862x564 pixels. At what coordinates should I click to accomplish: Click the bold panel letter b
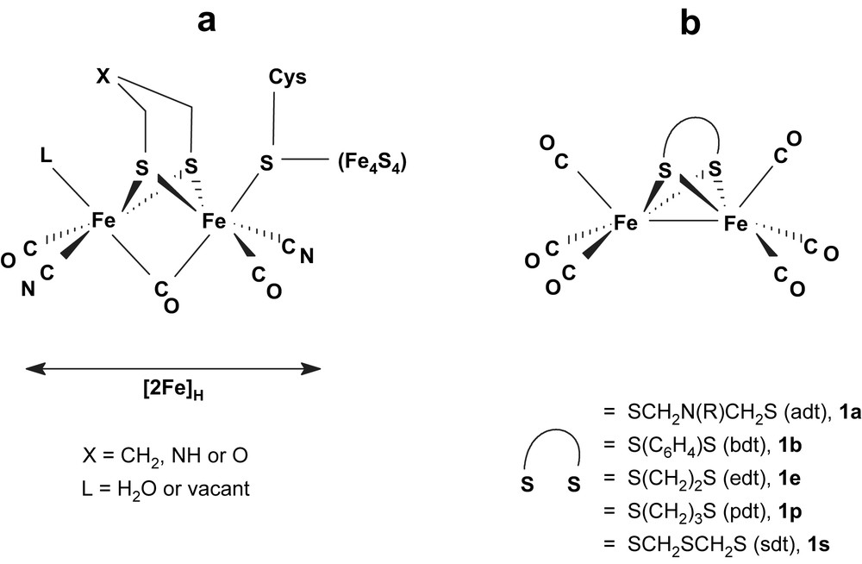pyautogui.click(x=690, y=23)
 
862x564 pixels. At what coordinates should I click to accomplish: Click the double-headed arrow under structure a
pyautogui.click(x=172, y=369)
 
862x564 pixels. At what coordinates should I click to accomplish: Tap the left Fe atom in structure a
pyautogui.click(x=105, y=221)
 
